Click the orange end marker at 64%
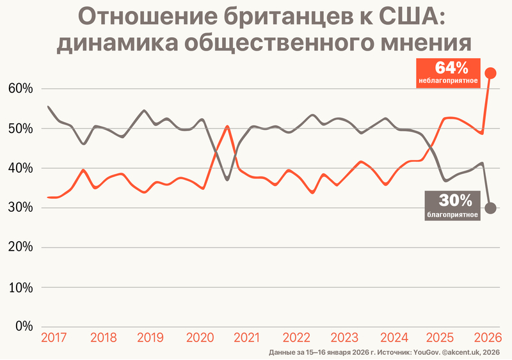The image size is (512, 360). coord(490,73)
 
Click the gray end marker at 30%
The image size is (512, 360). coord(490,208)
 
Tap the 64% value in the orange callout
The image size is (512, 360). coord(452,67)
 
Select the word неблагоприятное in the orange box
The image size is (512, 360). coord(449,82)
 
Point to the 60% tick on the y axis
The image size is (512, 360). coord(19,89)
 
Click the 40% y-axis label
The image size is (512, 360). coord(19,168)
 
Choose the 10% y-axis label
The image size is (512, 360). coord(19,287)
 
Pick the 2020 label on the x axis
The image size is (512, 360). coord(199,338)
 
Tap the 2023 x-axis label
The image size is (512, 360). coord(344,338)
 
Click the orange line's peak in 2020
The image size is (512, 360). coord(228,127)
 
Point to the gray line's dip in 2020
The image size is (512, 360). coord(227,180)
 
